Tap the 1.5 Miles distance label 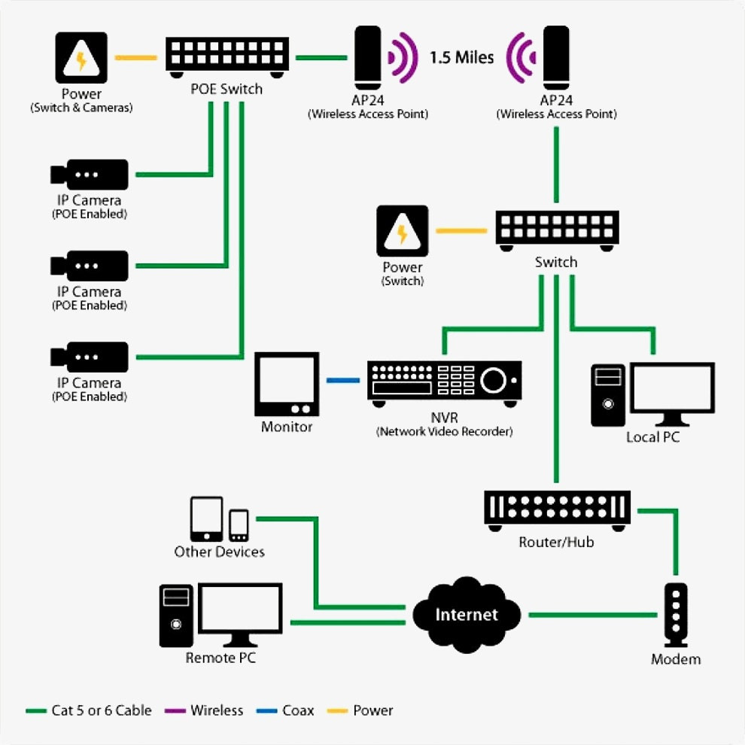pyautogui.click(x=461, y=57)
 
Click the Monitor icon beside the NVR pyautogui.click(x=287, y=384)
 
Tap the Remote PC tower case pyautogui.click(x=177, y=616)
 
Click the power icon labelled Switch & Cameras pyautogui.click(x=81, y=59)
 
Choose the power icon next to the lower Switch pyautogui.click(x=403, y=231)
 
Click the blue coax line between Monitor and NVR pyautogui.click(x=342, y=381)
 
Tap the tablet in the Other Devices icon pyautogui.click(x=206, y=518)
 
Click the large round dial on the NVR pyautogui.click(x=494, y=380)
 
